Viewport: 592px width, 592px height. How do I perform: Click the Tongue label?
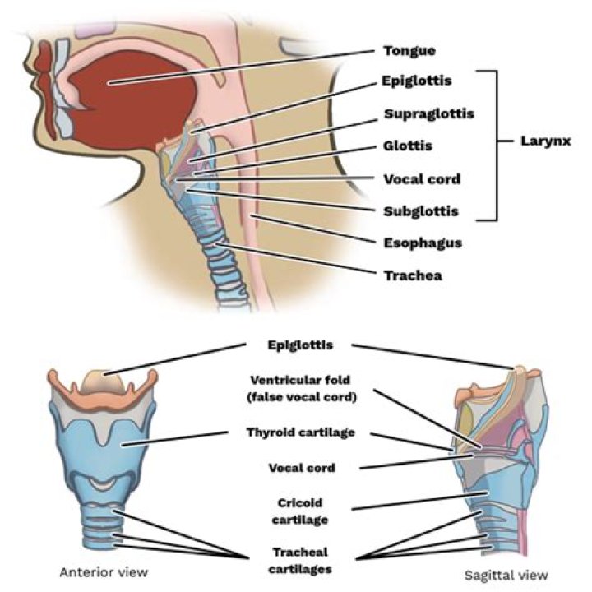coord(409,51)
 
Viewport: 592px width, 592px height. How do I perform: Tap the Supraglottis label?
coord(428,113)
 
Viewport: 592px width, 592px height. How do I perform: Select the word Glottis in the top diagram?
coord(407,146)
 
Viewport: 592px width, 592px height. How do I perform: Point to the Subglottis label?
coord(420,211)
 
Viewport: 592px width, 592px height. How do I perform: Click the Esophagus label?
coord(422,243)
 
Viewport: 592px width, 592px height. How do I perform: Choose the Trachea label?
coord(412,275)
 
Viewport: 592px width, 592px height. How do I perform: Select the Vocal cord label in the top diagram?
coord(421,178)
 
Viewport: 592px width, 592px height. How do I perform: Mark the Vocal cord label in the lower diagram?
coord(302,468)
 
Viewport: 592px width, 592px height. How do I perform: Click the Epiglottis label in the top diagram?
coord(417,81)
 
